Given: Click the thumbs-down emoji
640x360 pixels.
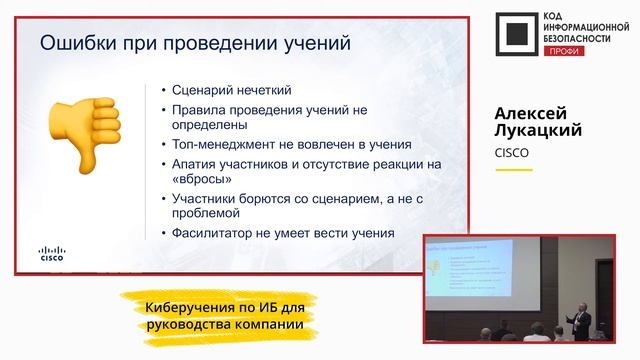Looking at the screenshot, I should pyautogui.click(x=89, y=124).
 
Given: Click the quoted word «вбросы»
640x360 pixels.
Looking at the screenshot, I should pyautogui.click(x=202, y=179).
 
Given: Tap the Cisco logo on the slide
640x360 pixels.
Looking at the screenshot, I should pyautogui.click(x=52, y=253).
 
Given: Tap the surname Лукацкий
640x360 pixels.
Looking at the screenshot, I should pyautogui.click(x=538, y=131).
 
